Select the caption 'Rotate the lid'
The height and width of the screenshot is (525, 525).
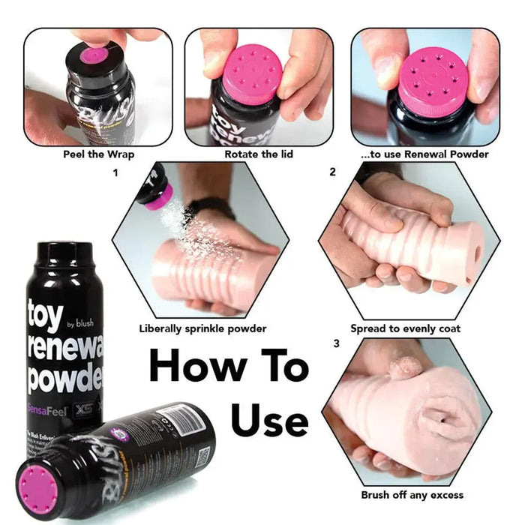click(259, 154)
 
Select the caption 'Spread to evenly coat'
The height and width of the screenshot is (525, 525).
click(405, 328)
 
